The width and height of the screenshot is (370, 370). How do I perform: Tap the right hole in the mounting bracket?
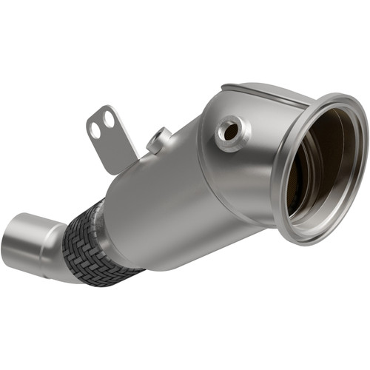click(109, 118)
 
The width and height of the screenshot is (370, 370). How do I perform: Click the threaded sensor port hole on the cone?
click(230, 131)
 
